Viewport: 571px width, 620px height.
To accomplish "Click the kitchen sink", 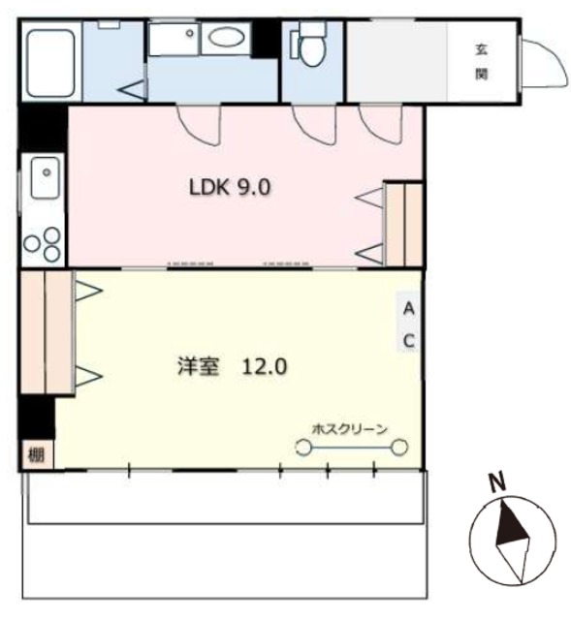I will pos(43,180).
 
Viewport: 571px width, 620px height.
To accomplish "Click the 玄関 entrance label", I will pos(481,60).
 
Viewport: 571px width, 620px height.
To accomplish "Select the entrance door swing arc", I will pos(544,63).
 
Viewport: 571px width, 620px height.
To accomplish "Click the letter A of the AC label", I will pos(409,309).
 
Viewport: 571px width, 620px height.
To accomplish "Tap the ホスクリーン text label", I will pos(350,428).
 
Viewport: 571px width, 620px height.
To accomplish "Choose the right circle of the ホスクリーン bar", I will pos(398,447).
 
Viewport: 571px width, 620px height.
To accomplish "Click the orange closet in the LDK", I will pos(403,224).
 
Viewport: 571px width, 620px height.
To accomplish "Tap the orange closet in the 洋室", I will pos(46,332).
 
